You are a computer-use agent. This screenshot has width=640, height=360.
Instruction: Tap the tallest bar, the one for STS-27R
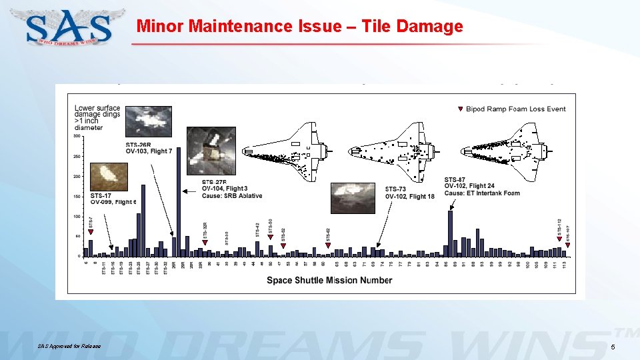[179, 200]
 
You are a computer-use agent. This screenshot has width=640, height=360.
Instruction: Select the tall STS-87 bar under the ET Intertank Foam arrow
[451, 233]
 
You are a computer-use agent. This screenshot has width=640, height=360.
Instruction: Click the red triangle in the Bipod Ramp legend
[459, 109]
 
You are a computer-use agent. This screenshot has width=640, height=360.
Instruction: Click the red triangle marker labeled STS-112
[559, 239]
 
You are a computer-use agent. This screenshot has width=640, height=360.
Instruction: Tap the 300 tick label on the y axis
[77, 136]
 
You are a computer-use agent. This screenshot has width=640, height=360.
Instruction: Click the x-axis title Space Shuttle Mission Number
[329, 280]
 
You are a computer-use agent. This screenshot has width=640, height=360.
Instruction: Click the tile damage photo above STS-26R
[148, 122]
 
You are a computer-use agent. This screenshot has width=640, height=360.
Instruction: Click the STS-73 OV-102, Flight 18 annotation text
[409, 193]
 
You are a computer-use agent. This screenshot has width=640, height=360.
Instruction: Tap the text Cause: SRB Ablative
[231, 196]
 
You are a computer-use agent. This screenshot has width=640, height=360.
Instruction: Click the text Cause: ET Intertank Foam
[481, 193]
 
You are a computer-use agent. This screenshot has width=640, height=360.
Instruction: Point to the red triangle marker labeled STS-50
[270, 237]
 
